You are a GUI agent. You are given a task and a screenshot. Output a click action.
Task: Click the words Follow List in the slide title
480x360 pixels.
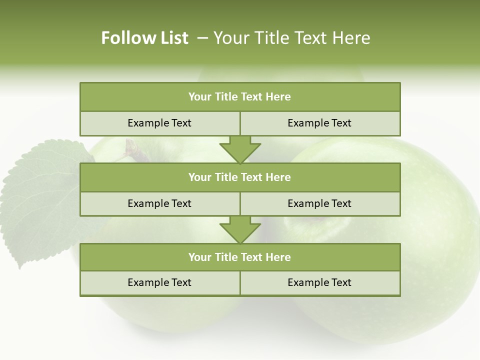tap(144, 38)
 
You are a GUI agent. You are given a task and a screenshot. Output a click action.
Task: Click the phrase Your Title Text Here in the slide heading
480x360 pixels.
tap(291, 38)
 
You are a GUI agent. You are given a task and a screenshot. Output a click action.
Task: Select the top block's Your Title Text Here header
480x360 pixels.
tap(239, 97)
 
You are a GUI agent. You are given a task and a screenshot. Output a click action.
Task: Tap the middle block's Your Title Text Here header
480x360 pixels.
tap(239, 177)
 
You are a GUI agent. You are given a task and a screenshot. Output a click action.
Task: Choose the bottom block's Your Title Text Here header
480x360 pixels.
tap(239, 257)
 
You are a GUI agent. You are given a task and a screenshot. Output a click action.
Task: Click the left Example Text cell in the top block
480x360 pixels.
tap(159, 123)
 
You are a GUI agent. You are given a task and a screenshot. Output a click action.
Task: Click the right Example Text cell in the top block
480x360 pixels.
tap(319, 123)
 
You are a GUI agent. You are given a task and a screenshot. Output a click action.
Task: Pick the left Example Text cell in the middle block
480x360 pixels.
tap(159, 203)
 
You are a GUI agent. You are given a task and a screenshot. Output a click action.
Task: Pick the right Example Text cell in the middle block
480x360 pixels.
tap(319, 203)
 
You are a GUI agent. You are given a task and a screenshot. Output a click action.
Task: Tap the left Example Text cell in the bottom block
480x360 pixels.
tap(159, 282)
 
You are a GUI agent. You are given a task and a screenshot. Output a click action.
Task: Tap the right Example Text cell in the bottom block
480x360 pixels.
tap(319, 282)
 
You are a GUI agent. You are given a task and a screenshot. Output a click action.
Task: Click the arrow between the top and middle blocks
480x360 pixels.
tap(240, 149)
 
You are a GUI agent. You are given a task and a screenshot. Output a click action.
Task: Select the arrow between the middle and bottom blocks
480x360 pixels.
tap(240, 230)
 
